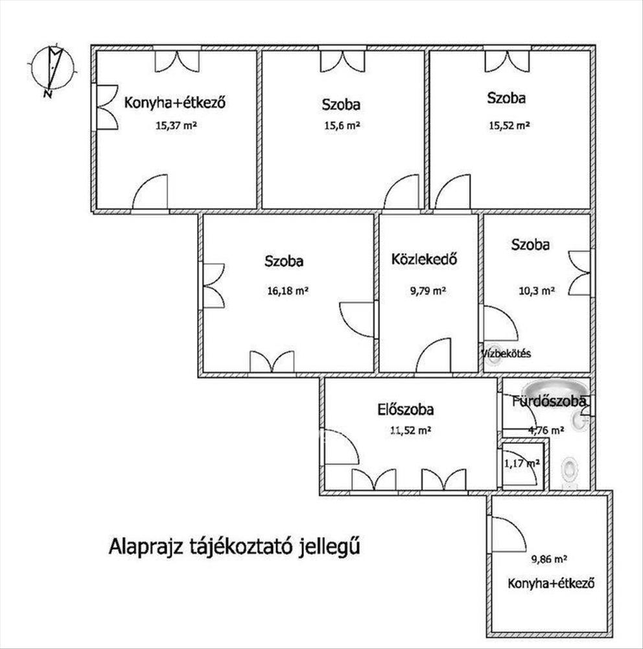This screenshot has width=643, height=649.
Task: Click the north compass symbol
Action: click(x=53, y=68)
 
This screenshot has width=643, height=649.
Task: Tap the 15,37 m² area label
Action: click(x=176, y=125)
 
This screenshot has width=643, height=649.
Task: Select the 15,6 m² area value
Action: click(x=342, y=125)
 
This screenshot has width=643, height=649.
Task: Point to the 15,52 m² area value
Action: click(x=509, y=125)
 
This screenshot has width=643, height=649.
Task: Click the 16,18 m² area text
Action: click(x=288, y=291)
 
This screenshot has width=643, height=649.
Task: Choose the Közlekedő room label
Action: click(x=425, y=260)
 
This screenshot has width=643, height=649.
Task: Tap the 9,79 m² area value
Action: click(x=428, y=291)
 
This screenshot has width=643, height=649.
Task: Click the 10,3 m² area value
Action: click(x=537, y=291)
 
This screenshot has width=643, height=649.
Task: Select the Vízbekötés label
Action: click(x=506, y=354)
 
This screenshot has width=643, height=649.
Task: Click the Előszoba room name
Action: click(x=406, y=410)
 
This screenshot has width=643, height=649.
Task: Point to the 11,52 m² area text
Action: click(x=411, y=430)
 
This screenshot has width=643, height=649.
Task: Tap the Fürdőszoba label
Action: click(x=549, y=401)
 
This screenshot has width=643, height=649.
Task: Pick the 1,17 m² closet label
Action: click(x=522, y=463)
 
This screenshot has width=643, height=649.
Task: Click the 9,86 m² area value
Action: click(x=549, y=559)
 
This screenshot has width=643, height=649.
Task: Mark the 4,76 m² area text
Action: click(x=546, y=430)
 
